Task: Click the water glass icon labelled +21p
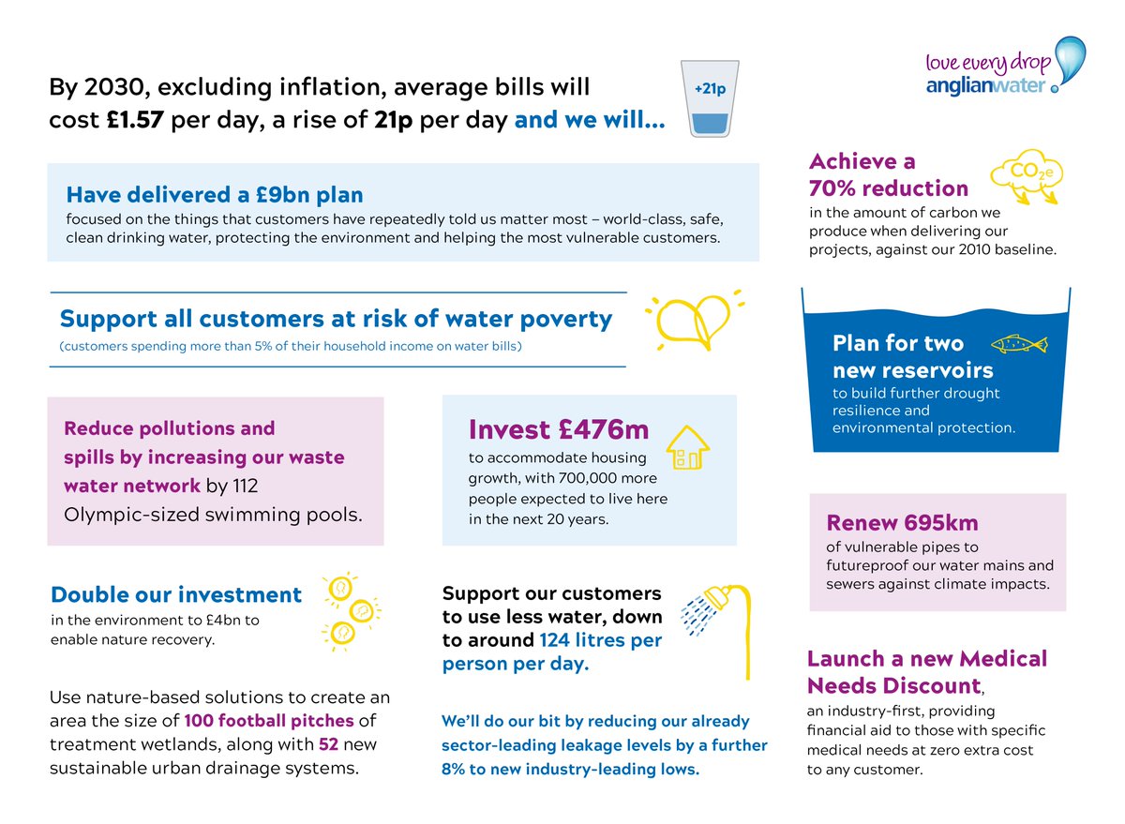point(714,100)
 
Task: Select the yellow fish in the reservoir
point(1018,344)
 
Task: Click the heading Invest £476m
point(558,429)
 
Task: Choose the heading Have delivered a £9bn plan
point(215,194)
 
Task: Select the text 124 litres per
point(600,641)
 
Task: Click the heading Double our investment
point(176,594)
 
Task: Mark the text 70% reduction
point(889,187)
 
